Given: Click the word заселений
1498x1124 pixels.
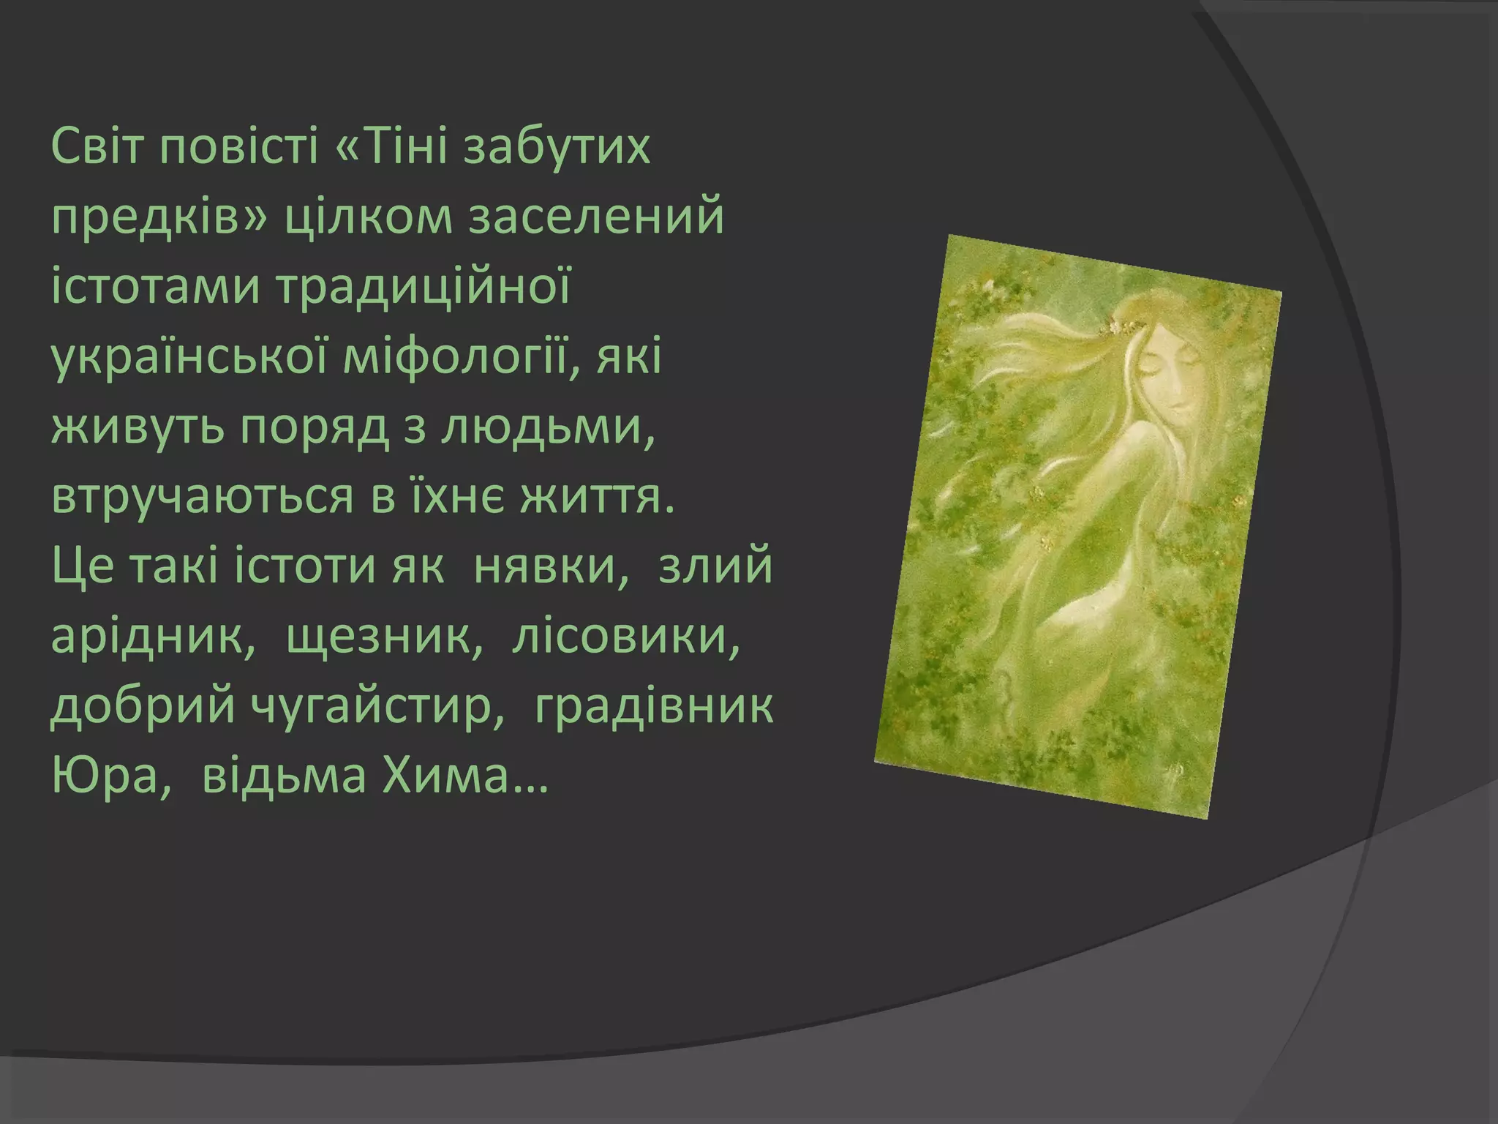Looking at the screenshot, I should pyautogui.click(x=596, y=217).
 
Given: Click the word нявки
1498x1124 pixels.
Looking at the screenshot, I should pyautogui.click(x=552, y=567).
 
